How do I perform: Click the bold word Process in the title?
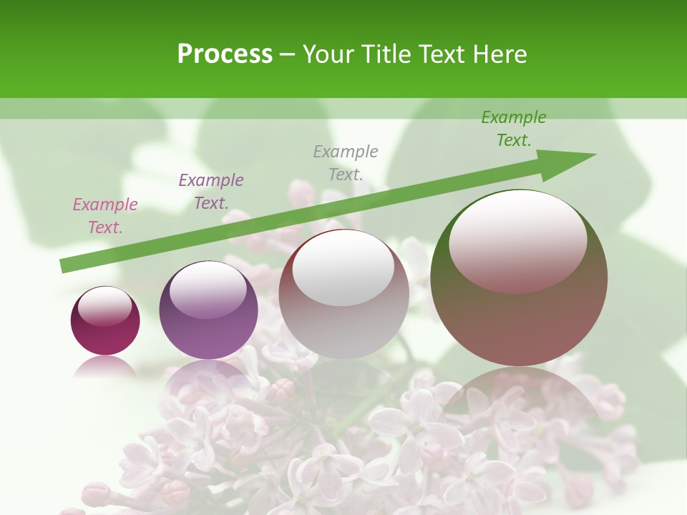pos(225,54)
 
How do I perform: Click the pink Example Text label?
pos(105,216)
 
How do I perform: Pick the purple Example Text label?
pos(211,192)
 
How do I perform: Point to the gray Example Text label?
pos(346,162)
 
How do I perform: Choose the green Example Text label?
pos(514,129)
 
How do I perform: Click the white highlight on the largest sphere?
pos(518,240)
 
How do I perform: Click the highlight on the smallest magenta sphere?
pos(105,306)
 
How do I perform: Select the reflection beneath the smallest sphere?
pos(105,366)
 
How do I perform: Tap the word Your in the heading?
pos(328,54)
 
